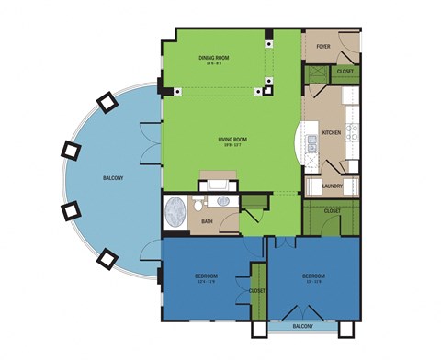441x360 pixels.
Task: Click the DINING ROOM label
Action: pos(213,57)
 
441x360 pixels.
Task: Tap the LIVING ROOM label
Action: pos(232,140)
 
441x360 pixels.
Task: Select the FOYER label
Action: pos(323,45)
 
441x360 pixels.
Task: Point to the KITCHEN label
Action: pos(332,133)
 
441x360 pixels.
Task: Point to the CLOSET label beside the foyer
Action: pos(345,71)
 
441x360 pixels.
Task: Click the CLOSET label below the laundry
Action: pos(332,210)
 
